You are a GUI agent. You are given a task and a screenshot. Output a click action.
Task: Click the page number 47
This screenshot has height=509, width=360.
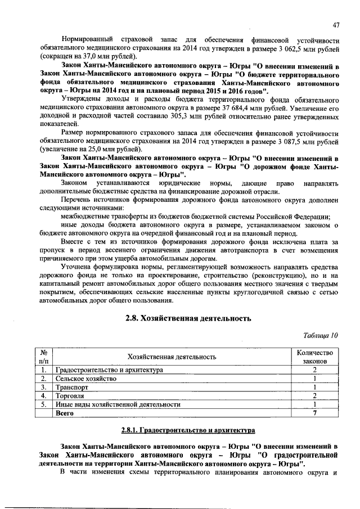point(336,24)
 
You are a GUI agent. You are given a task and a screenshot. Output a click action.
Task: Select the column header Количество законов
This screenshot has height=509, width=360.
point(314,357)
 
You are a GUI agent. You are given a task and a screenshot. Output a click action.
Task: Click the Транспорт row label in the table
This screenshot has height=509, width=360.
point(72,387)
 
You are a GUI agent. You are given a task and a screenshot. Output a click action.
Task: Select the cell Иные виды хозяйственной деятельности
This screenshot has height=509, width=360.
point(118,404)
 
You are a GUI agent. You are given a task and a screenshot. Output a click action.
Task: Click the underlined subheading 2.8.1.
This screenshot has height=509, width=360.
point(187,430)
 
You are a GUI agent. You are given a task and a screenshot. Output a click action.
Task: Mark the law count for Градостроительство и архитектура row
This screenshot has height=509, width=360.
point(314,370)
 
